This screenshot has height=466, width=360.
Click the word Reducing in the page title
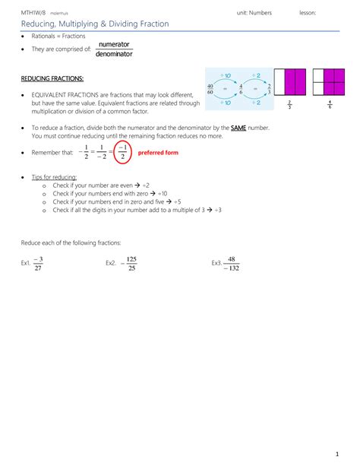tap(36, 24)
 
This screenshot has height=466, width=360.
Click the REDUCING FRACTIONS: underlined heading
tap(52, 79)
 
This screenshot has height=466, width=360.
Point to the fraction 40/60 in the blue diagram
tap(210, 90)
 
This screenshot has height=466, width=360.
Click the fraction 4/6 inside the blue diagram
tap(241, 90)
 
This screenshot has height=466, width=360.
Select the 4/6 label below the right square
tap(330, 105)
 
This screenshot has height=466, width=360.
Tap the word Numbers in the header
tap(269, 12)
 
